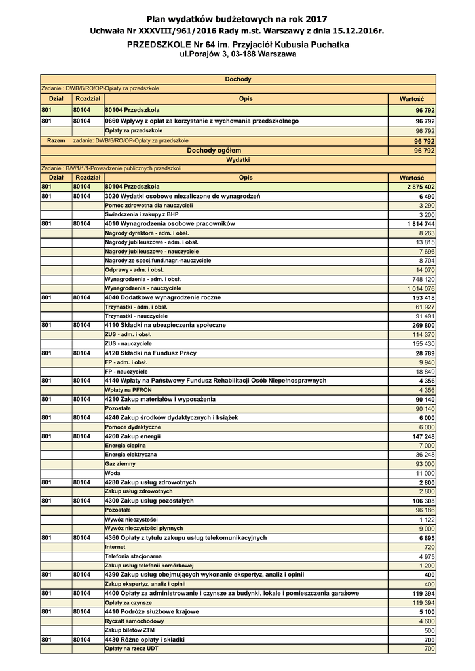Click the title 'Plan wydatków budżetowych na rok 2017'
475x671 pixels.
tap(237, 20)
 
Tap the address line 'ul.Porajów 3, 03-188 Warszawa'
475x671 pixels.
tap(237, 54)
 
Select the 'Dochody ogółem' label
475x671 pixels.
tap(214, 150)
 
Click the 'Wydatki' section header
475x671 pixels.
tap(237, 159)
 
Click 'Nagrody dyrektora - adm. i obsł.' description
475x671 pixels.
tap(147, 233)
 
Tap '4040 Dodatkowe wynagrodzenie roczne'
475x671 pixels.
tap(163, 297)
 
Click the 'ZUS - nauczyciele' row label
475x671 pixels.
tap(128, 343)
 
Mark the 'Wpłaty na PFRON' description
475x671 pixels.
tap(129, 389)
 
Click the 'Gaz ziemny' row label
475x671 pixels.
tap(121, 463)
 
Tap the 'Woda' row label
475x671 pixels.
tap(113, 472)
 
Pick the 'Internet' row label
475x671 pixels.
tap(115, 546)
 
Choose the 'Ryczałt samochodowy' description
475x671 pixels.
tap(134, 621)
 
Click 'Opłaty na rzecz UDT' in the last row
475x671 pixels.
tap(132, 648)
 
